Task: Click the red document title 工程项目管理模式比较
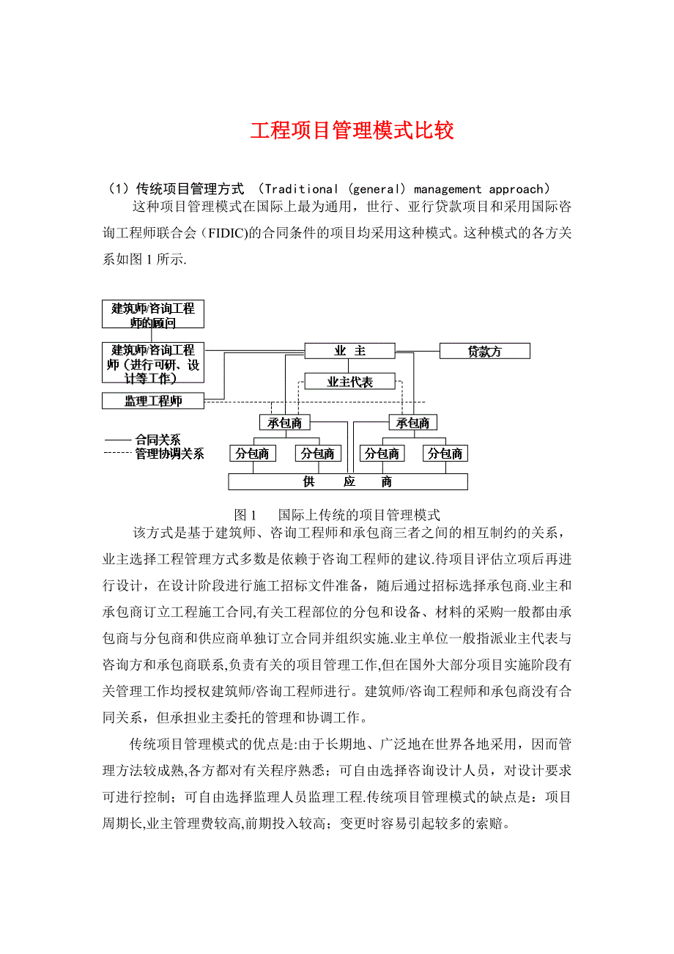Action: (352, 130)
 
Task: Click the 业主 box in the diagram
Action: (349, 351)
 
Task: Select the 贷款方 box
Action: (484, 351)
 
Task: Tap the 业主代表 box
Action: (349, 382)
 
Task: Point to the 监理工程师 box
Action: (153, 401)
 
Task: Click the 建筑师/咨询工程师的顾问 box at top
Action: (153, 314)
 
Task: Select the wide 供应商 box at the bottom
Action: (348, 481)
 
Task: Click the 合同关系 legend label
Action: (158, 440)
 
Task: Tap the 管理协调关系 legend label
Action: (169, 454)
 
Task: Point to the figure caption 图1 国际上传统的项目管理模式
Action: (336, 514)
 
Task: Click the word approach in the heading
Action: (514, 189)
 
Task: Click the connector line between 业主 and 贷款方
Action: (417, 351)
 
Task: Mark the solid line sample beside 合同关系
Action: (117, 440)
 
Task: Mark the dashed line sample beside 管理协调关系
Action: (117, 454)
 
